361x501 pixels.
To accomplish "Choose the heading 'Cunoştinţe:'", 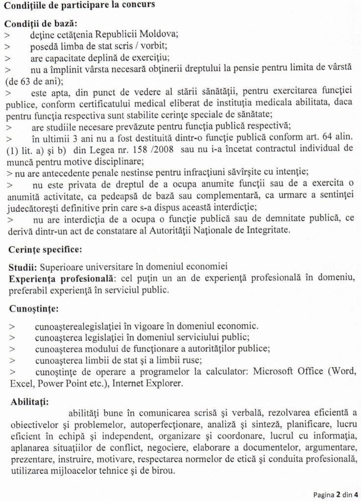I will click(34, 309).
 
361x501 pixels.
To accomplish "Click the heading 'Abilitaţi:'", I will click(30, 403).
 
